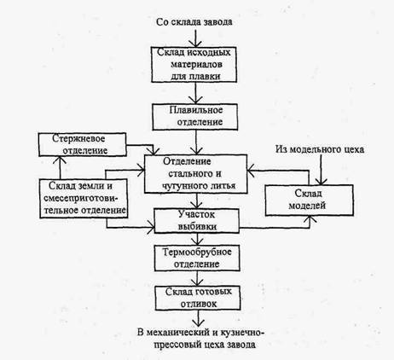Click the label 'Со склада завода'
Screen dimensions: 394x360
[194, 22]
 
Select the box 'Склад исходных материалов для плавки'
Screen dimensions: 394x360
[194, 65]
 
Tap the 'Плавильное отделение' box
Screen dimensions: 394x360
[195, 117]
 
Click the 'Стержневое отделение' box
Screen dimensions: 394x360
[83, 144]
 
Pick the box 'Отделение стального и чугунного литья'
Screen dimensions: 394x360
[195, 174]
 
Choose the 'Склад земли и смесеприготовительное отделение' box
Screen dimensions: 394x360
[84, 199]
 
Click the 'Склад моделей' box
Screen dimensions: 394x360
[309, 200]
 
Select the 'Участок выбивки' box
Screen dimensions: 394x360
[197, 221]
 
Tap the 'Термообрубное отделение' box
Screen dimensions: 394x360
[197, 258]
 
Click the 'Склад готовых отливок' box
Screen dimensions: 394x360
[198, 298]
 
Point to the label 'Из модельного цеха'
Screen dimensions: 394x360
[320, 149]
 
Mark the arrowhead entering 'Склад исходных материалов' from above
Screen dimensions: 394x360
[195, 44]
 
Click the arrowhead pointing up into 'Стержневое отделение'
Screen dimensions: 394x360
[60, 160]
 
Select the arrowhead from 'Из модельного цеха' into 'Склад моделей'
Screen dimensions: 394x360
[322, 181]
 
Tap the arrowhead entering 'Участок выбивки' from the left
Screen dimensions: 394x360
[151, 227]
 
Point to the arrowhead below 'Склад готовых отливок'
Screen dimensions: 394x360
[198, 322]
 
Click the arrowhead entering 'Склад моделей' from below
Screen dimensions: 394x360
[310, 219]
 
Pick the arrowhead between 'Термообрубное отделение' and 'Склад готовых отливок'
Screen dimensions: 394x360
[197, 282]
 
